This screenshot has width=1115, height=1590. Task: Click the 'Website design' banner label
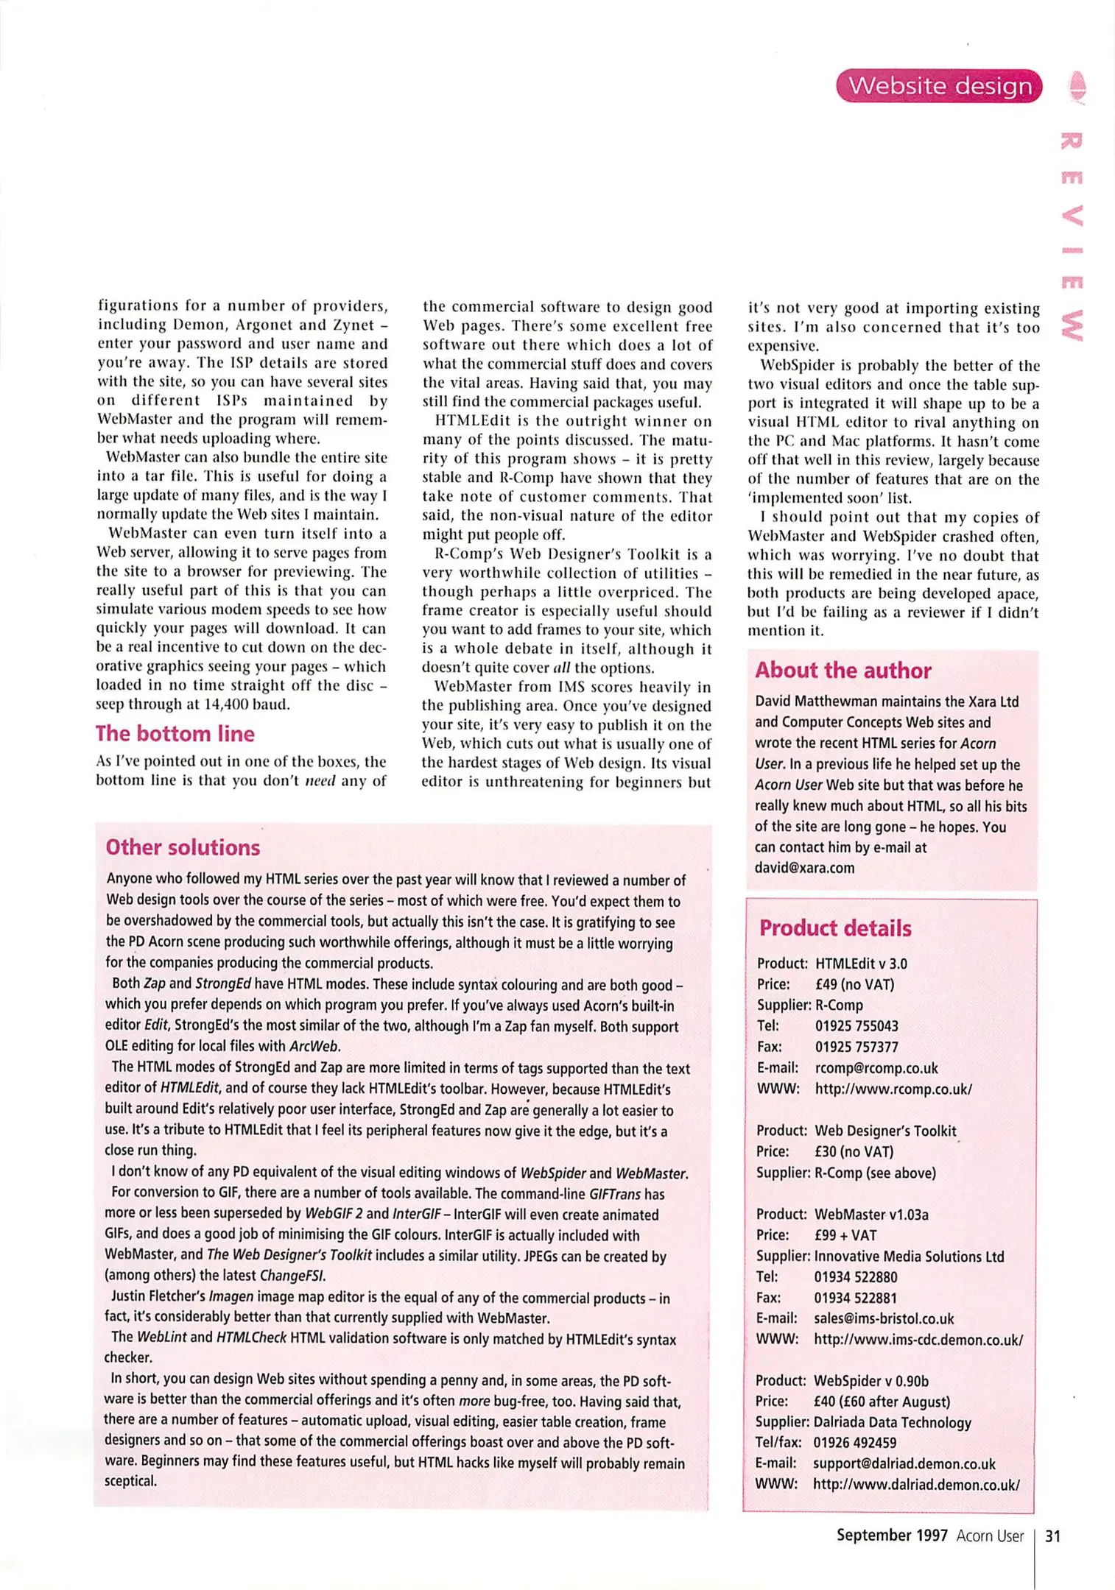tap(940, 86)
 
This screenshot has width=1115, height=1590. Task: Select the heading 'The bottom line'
tap(175, 734)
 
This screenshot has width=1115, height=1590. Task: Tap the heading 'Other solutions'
tap(183, 847)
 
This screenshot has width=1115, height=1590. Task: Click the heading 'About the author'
tap(843, 671)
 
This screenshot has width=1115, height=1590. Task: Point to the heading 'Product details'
tap(835, 928)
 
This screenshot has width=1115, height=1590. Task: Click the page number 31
tap(1053, 1536)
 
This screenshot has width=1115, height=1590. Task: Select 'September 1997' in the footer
tap(892, 1536)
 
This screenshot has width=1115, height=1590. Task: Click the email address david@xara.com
tap(804, 868)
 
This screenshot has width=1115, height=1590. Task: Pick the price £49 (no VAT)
tap(854, 984)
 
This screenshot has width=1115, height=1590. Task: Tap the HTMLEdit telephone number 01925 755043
tap(857, 1026)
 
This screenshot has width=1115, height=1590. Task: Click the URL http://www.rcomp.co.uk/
tap(893, 1089)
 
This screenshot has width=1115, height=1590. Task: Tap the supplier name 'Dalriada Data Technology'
tap(892, 1422)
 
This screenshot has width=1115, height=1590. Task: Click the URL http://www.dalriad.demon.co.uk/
tap(916, 1485)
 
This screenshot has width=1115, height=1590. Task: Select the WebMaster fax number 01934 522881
tap(856, 1298)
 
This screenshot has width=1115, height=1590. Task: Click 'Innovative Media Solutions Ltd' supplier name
tap(909, 1257)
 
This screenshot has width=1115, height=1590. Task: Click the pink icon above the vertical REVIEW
tap(1077, 86)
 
